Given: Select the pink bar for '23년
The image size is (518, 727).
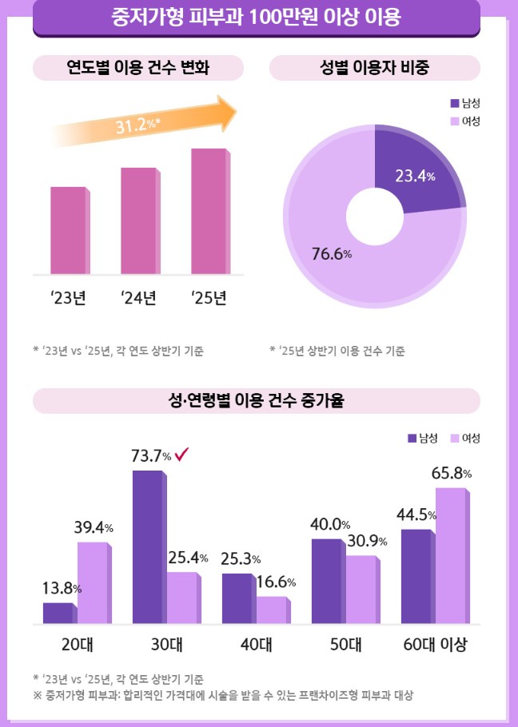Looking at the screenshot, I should point(68,230).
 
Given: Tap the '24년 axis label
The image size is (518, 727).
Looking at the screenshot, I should point(138,299).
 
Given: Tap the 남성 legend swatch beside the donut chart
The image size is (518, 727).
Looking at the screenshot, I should point(455,102).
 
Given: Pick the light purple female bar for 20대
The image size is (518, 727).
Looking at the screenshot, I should point(93,582).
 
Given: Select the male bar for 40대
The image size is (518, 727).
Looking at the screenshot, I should point(237,598).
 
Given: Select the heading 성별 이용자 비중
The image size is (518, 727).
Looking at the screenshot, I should point(374,68).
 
